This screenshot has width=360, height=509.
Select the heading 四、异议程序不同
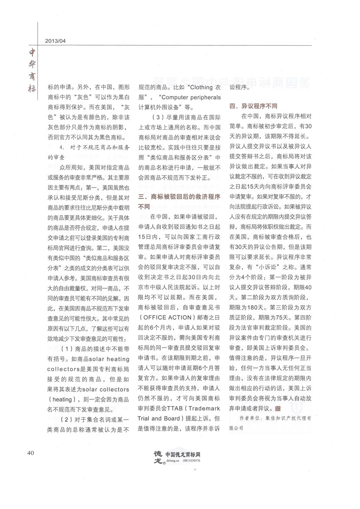[x=254, y=106]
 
